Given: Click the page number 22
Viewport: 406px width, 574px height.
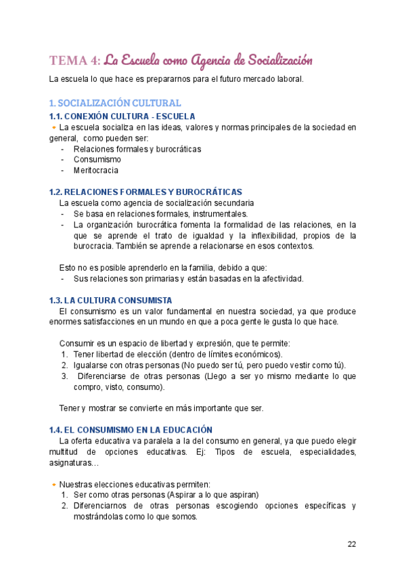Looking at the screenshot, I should pos(352,544).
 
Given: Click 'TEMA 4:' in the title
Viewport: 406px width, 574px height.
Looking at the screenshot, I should pos(74,61).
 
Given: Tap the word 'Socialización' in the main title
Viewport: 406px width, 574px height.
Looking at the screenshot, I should pos(274,61).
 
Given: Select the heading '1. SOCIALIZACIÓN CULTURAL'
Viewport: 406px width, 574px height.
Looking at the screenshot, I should pos(115,103).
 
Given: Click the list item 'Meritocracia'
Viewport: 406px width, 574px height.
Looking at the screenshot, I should pos(95,171).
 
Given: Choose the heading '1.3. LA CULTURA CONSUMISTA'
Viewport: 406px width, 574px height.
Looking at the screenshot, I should pos(110,300).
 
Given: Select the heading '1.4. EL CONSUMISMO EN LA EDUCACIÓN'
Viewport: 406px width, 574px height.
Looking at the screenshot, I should pos(131,430).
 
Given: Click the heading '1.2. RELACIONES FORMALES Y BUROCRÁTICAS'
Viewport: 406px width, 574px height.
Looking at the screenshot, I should pos(145,192).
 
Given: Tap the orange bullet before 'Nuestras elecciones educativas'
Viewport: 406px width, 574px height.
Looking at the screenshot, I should pos(53,484).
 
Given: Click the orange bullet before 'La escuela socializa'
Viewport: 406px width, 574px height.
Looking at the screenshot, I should pos(53,127).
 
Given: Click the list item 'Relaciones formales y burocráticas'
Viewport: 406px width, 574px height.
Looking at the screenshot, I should pos(137,149).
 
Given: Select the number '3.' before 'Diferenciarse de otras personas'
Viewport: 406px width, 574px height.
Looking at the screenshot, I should pos(64,376).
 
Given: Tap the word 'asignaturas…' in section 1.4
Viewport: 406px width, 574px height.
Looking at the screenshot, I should pos(74,462).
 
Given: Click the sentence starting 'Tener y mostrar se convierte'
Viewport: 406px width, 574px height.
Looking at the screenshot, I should pos(161,408).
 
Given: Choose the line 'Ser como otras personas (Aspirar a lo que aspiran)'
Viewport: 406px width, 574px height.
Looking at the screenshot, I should pos(166,495).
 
